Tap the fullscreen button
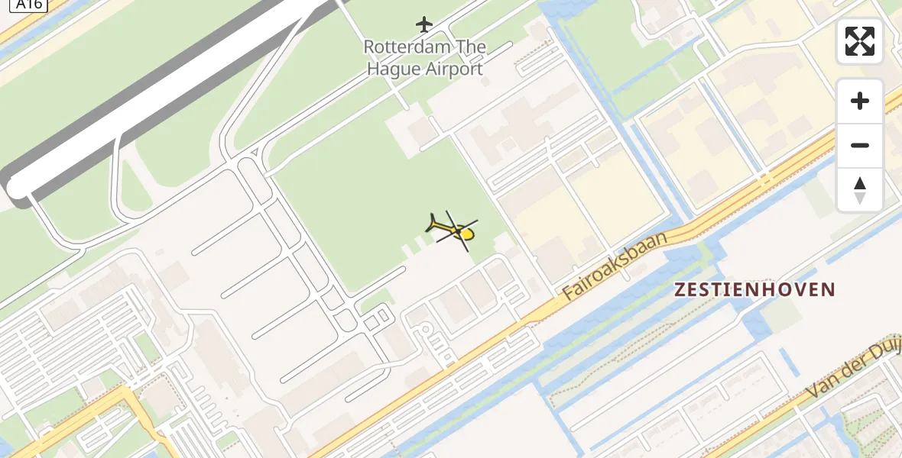point(860,41)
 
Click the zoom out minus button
point(860,145)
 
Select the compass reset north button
point(860,189)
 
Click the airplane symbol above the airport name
point(424,24)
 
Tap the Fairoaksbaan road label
point(615,265)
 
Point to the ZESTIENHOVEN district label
point(754,290)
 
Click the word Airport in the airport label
point(456,69)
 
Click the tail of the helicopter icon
point(432,224)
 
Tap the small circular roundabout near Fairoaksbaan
point(426,329)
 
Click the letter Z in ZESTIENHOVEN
point(680,290)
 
